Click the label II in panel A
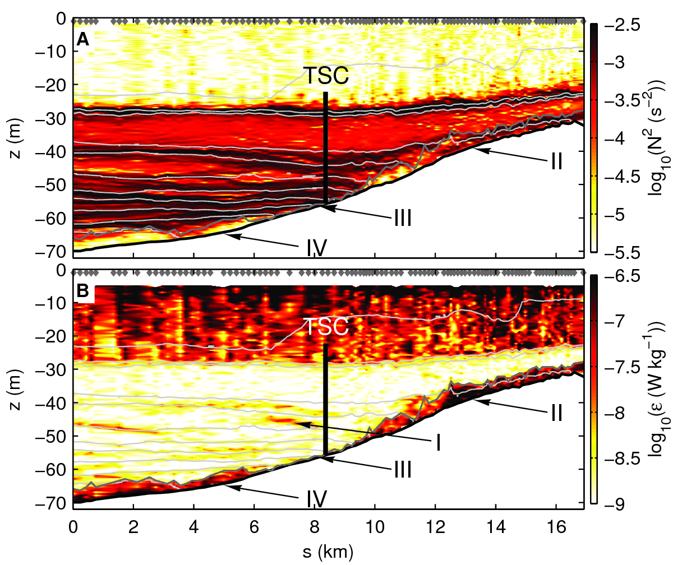(x=556, y=162)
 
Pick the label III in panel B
(x=402, y=469)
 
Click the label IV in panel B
(x=317, y=497)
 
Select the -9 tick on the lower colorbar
(x=607, y=503)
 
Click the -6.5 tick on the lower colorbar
(x=611, y=276)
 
